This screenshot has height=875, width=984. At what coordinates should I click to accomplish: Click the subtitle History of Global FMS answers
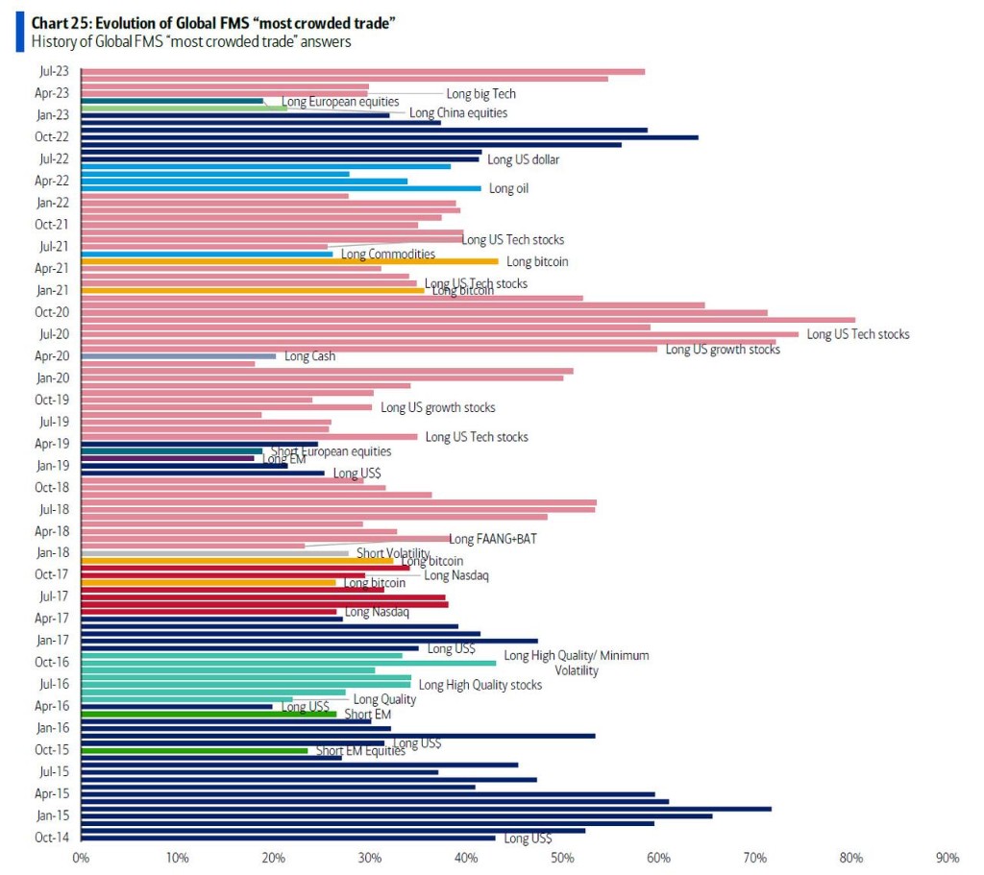click(190, 41)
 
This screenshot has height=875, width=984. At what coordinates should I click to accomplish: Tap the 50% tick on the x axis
click(562, 857)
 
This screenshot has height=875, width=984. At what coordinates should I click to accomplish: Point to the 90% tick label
click(947, 857)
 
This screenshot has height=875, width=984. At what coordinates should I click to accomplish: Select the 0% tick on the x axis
click(81, 857)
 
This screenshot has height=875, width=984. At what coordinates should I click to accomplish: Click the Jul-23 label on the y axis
click(53, 71)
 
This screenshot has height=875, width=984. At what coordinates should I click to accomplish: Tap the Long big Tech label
click(480, 94)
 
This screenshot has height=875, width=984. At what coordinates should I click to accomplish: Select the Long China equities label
click(458, 113)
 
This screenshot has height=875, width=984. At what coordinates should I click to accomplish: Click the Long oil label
click(508, 189)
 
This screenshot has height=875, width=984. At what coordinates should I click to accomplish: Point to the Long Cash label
click(310, 357)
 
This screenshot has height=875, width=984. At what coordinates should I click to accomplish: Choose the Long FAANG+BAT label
click(493, 539)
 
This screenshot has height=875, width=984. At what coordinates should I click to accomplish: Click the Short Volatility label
click(393, 553)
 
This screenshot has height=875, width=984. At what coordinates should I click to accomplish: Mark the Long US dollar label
click(523, 159)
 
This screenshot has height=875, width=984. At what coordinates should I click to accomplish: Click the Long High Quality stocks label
click(480, 685)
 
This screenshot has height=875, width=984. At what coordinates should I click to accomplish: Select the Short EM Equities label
click(360, 751)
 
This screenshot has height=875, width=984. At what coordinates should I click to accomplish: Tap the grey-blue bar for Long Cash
click(178, 355)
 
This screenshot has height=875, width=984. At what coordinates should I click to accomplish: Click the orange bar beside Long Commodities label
click(288, 261)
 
